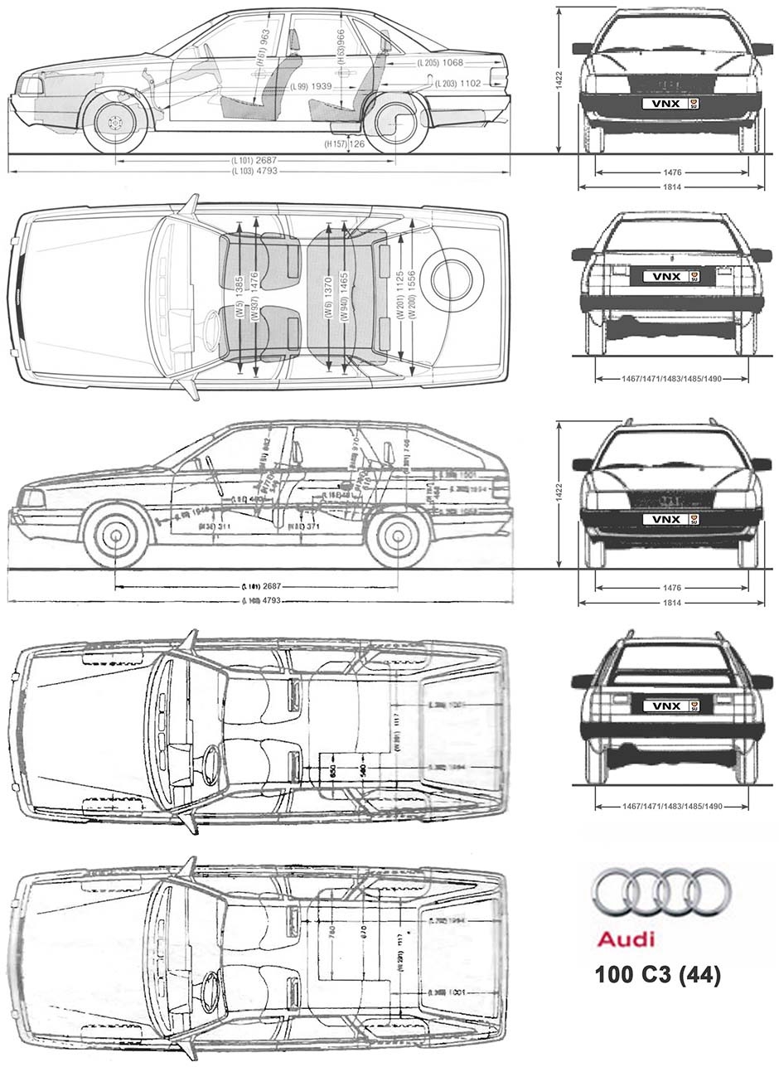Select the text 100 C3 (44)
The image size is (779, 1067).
click(657, 975)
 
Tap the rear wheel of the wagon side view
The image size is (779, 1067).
click(397, 536)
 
